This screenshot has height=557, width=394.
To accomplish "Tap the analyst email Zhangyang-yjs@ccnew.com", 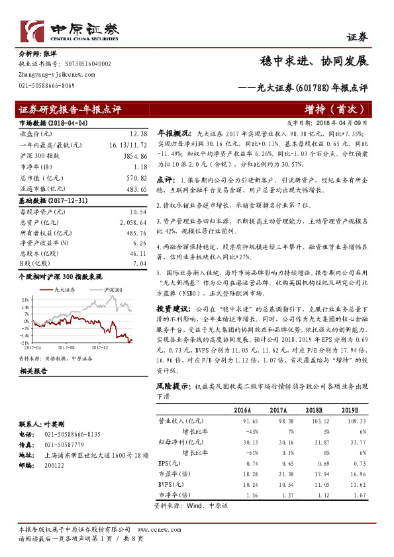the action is pos(50,76).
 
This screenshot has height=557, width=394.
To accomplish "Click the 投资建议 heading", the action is pos(173,308).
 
